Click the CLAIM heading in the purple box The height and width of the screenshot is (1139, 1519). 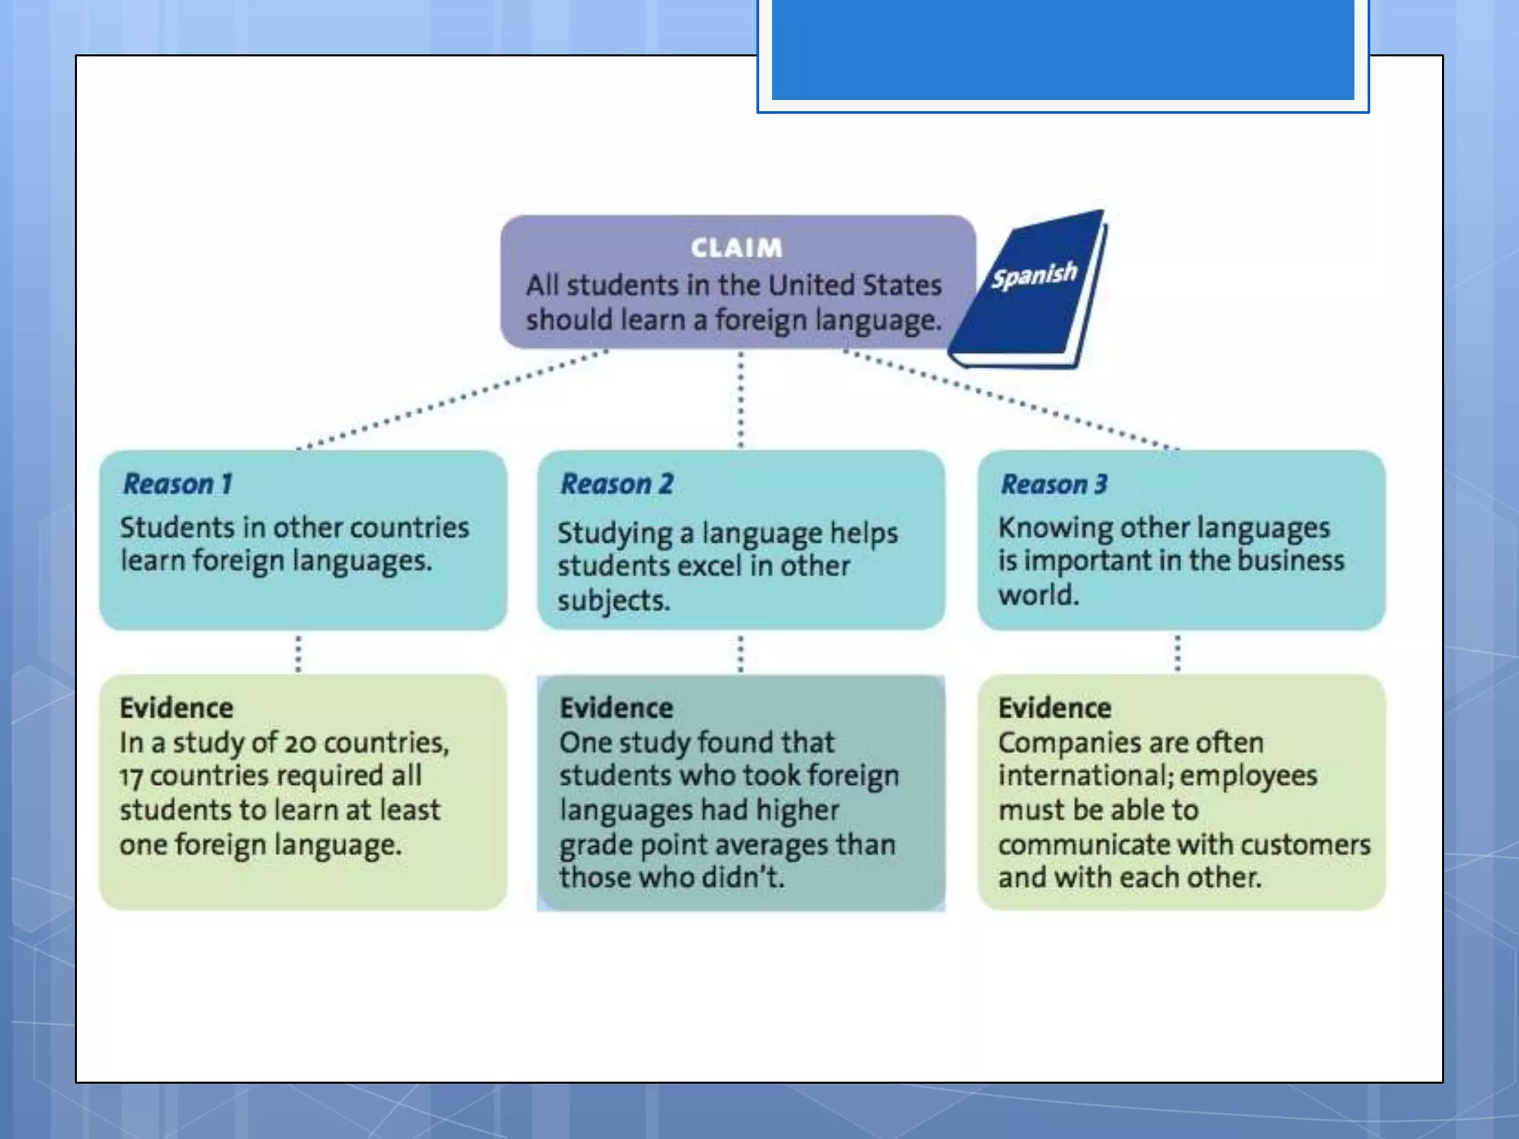pos(737,248)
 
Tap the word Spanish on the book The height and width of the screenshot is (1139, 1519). pos(1035,276)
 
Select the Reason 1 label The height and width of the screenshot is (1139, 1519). pos(178,484)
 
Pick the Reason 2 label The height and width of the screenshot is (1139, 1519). pos(617,484)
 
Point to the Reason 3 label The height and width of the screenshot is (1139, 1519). pos(1054,484)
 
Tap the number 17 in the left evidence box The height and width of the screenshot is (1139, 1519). pos(131,777)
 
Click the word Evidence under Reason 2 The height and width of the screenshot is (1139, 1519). pos(616,708)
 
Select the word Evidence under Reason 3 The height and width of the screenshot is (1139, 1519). pos(1055,708)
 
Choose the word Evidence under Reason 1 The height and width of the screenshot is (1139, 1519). pos(177,708)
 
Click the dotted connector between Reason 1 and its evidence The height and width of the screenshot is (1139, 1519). pos(298,653)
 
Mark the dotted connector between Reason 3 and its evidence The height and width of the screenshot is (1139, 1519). pos(1177,653)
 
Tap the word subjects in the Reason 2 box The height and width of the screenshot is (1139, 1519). pos(613,601)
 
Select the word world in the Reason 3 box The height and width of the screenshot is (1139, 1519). pos(1038,595)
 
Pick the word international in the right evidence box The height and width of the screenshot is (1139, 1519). pos(1081,776)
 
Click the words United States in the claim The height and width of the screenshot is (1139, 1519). pos(854,285)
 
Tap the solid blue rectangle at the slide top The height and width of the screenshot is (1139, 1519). pos(1063,50)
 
